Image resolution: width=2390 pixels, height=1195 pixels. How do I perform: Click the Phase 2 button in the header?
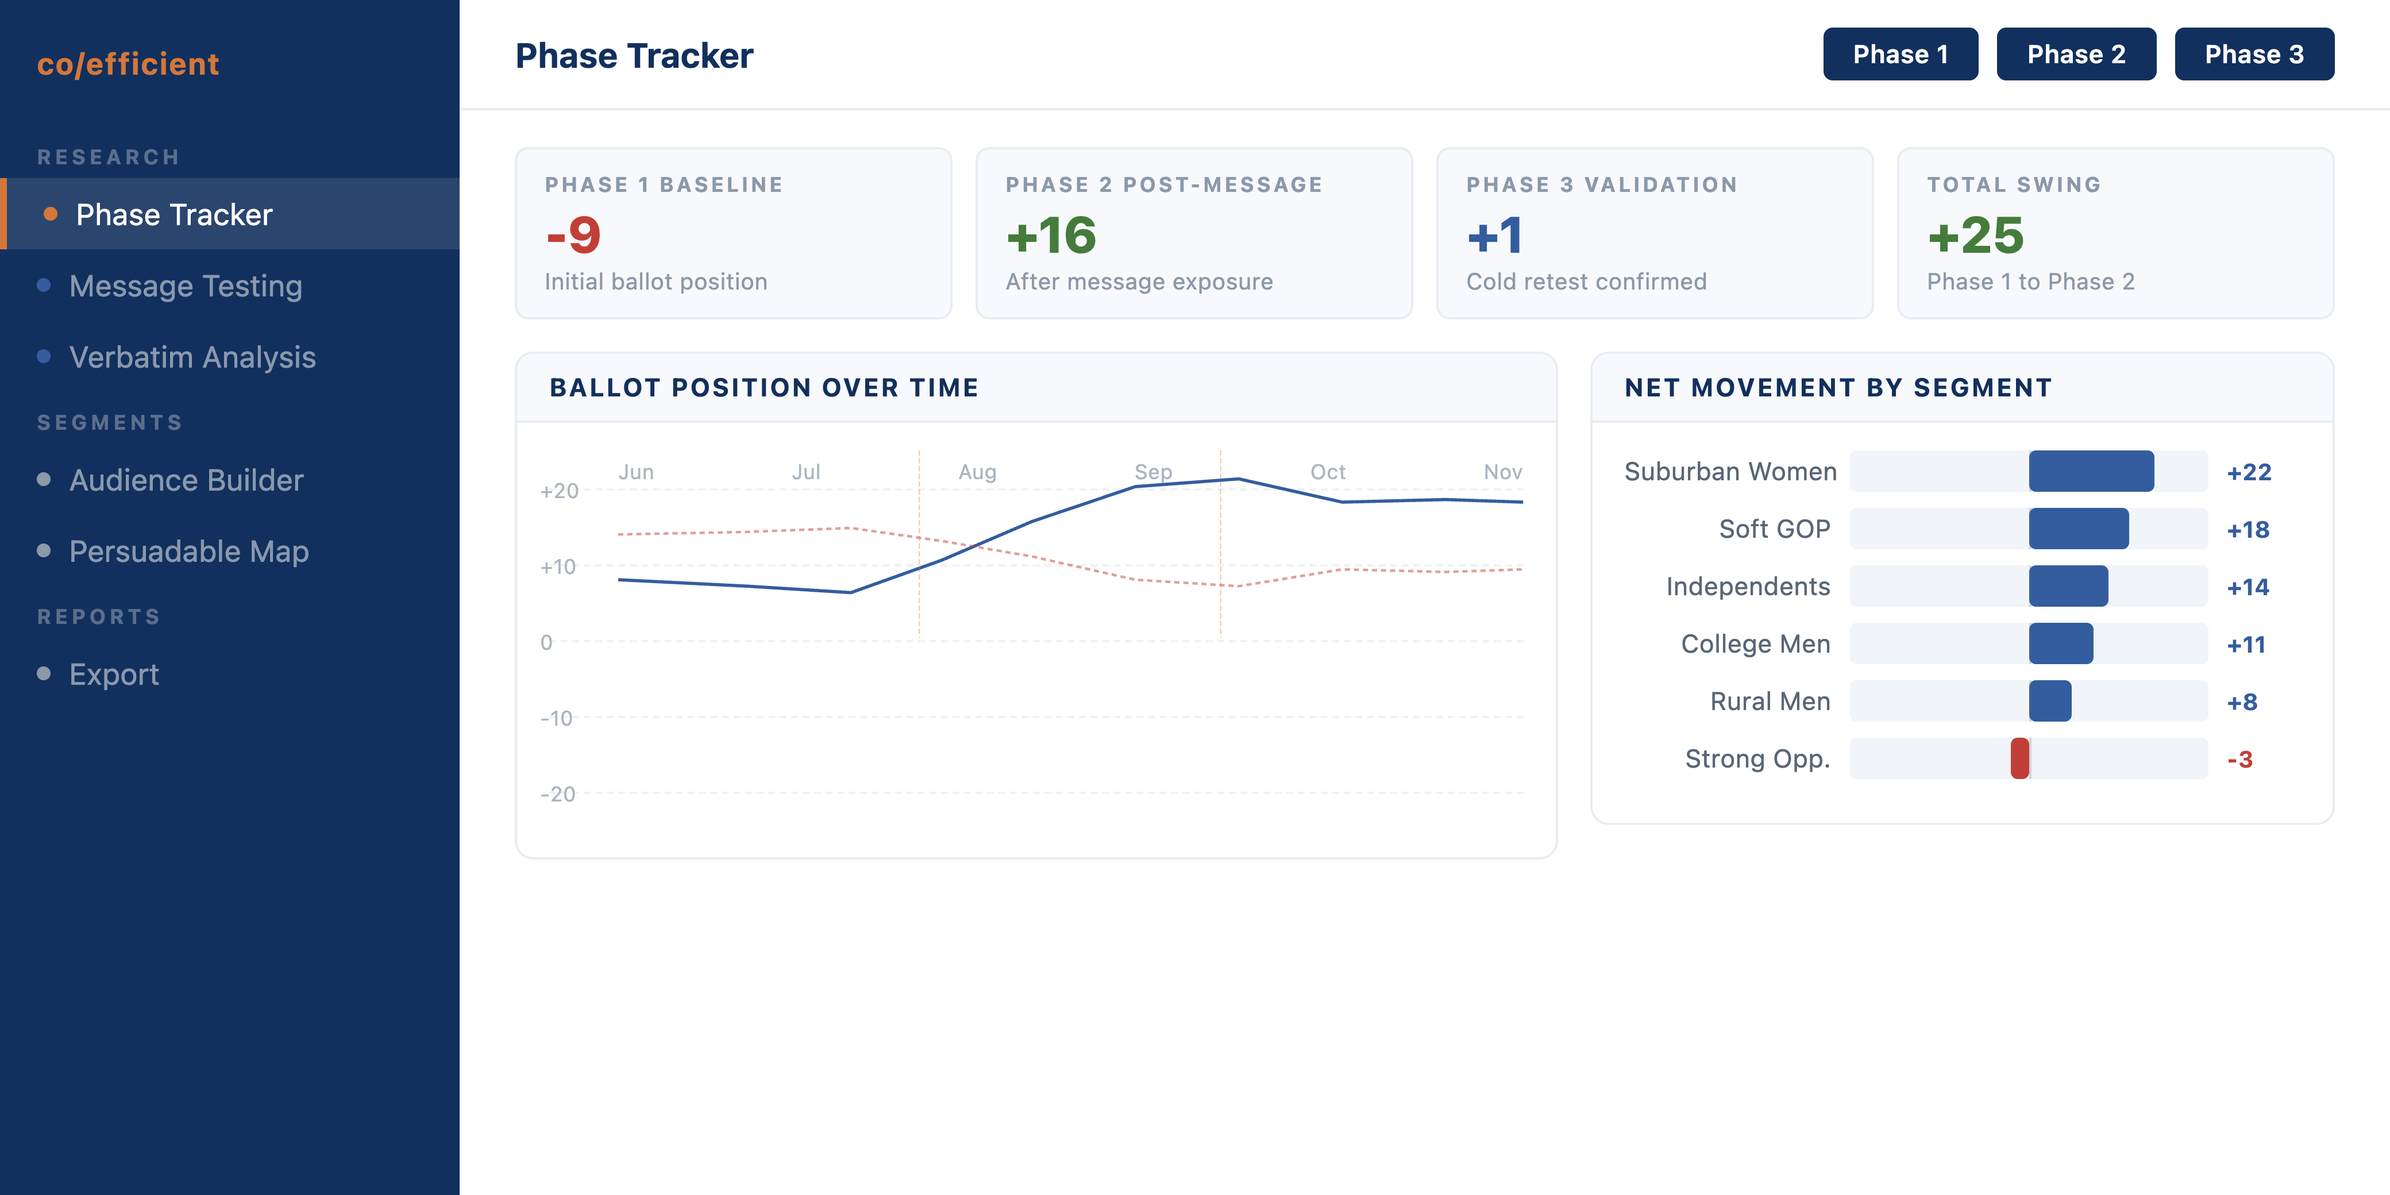2076,55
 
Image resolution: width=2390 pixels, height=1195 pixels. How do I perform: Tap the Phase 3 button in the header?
2254,55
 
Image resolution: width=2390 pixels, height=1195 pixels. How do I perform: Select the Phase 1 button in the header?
1900,55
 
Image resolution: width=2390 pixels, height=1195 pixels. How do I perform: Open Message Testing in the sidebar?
186,286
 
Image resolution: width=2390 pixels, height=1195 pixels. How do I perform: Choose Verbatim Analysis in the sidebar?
192,357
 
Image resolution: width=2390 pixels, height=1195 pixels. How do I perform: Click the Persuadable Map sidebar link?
188,551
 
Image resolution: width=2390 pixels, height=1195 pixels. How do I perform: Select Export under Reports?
114,674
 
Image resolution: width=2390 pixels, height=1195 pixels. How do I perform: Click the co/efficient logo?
128,64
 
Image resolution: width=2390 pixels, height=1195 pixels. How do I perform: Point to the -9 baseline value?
573,236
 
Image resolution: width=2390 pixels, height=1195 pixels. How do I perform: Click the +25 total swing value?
1975,236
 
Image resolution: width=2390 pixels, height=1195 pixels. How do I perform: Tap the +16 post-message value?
1051,236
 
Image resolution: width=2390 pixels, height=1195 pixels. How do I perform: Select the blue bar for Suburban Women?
2091,471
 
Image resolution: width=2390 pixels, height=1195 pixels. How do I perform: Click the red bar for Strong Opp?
2020,759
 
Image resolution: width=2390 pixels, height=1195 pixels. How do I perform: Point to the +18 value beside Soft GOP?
2248,530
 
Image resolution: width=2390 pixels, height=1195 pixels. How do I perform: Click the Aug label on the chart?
977,472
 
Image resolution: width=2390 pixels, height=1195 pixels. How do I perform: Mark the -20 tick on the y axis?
558,794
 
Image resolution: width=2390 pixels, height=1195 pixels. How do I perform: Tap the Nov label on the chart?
1502,472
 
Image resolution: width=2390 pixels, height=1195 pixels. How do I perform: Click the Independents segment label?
1748,587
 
